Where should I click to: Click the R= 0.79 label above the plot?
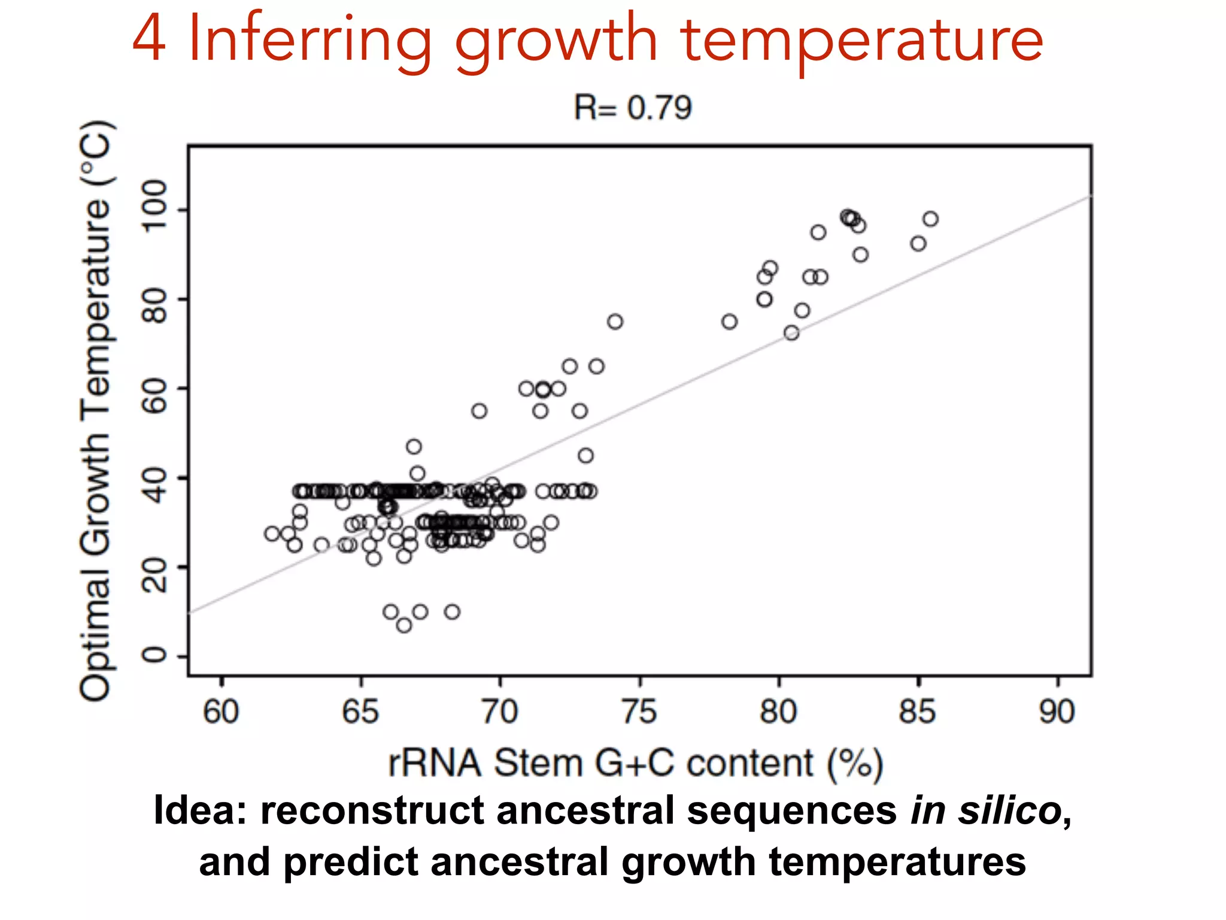coord(632,108)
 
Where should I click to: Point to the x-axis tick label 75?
coord(639,712)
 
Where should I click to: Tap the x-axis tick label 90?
coord(1057,712)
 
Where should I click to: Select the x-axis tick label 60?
coord(221,712)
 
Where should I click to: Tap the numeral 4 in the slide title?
coord(149,39)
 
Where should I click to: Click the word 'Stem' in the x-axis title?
coord(538,763)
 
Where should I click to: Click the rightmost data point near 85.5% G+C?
coord(930,219)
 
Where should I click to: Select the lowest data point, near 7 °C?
coord(404,625)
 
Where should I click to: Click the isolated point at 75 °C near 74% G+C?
coord(615,322)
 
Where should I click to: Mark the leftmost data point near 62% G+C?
coord(272,533)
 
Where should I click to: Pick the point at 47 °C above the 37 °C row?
coord(414,447)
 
